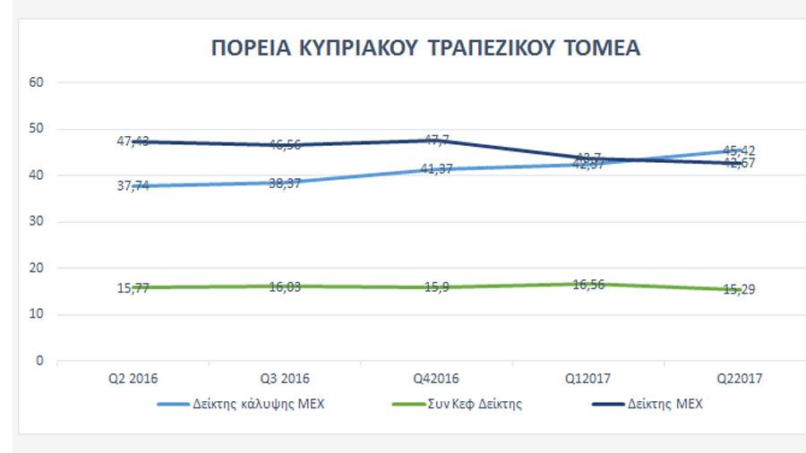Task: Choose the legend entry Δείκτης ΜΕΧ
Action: tap(665, 404)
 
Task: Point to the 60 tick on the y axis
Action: tap(38, 82)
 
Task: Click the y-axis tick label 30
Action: tap(38, 222)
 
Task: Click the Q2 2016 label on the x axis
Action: tap(133, 380)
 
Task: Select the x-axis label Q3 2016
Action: tap(285, 380)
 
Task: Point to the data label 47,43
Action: tap(133, 141)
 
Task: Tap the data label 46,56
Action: tap(285, 144)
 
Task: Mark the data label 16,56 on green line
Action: tap(587, 283)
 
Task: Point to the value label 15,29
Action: tap(739, 289)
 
